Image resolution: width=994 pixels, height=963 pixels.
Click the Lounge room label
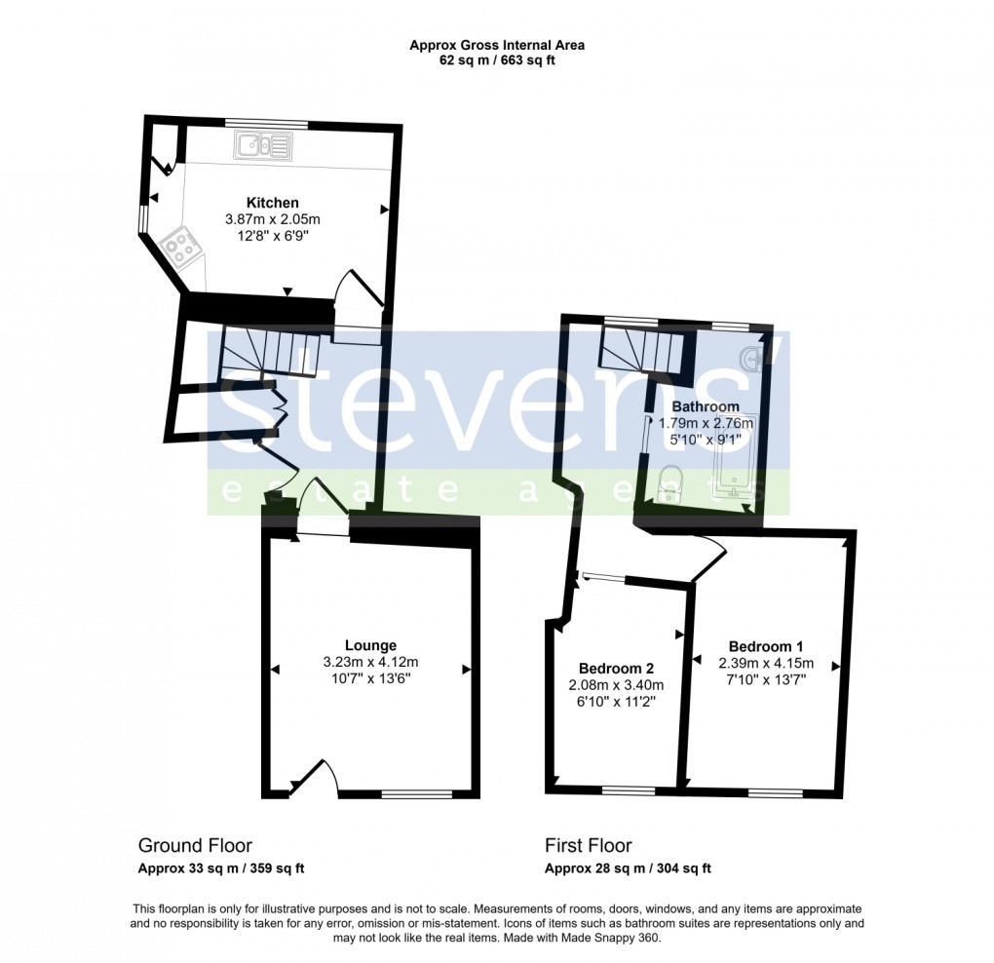370,645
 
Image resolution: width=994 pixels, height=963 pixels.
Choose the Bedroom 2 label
616,669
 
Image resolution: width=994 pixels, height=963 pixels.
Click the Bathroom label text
706,406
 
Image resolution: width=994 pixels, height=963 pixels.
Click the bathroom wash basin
751,360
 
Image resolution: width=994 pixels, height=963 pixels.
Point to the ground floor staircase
270,352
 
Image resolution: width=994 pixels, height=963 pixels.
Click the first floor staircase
642,348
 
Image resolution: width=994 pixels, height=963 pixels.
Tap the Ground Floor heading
195,846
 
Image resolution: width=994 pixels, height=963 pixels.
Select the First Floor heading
588,846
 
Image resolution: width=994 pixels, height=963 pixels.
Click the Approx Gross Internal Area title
497,45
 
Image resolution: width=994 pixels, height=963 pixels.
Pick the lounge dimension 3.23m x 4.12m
370,663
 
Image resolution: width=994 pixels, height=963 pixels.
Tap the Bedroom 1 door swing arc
712,559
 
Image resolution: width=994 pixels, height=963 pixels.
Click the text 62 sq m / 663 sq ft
497,60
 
